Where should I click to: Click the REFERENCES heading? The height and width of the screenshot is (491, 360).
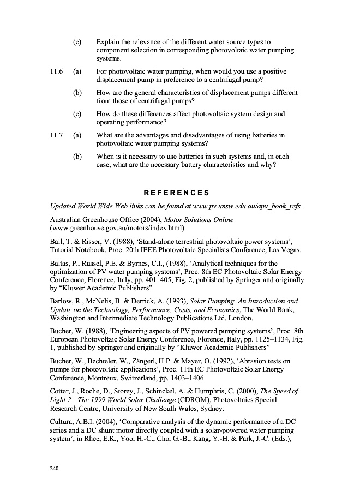pos(176,193)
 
